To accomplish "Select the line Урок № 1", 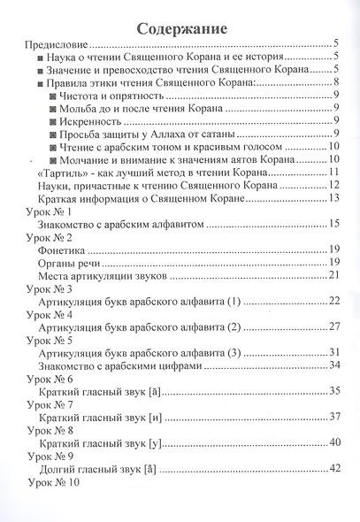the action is click(x=56, y=211).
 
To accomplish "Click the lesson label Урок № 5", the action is click(x=56, y=339).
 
